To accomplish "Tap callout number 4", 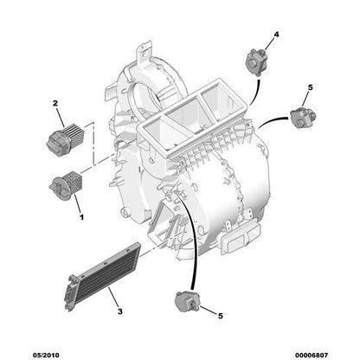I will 276,35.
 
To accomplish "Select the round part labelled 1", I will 63,183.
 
